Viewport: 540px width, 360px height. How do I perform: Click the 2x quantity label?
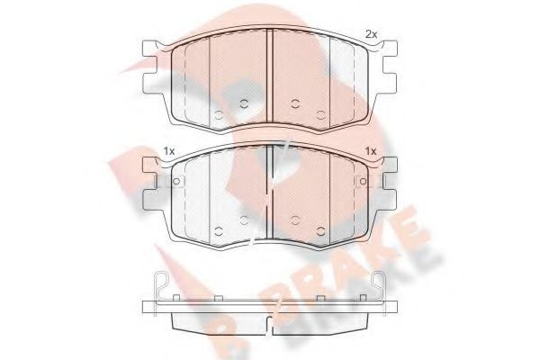click(371, 34)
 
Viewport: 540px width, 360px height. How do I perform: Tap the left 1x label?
click(169, 151)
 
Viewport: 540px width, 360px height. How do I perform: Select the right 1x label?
click(371, 151)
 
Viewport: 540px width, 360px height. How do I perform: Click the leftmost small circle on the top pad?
click(219, 114)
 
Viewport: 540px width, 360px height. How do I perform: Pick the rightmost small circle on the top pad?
click(320, 114)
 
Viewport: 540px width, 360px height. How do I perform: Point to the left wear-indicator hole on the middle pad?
click(176, 181)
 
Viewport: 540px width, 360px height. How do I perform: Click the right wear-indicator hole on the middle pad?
click(363, 181)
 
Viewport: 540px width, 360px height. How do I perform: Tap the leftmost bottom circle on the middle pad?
click(219, 231)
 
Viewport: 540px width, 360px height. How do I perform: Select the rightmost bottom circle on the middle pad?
click(320, 231)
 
